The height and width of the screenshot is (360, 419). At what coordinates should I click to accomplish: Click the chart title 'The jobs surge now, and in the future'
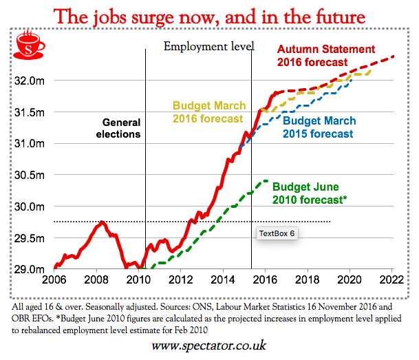[209, 15]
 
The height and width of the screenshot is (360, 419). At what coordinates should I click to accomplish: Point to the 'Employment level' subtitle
[208, 47]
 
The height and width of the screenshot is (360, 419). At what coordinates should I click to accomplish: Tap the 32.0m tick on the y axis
[32, 81]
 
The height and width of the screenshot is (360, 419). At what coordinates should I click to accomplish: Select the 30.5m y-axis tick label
[32, 175]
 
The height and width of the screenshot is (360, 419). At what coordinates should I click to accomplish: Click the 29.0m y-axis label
[32, 269]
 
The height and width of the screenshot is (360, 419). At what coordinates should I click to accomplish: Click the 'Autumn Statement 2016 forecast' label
[325, 56]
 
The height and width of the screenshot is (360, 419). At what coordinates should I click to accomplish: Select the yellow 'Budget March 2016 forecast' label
[208, 112]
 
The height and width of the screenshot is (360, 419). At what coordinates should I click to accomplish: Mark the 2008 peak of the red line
[101, 222]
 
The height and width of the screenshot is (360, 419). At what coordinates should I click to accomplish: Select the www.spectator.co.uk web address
[209, 344]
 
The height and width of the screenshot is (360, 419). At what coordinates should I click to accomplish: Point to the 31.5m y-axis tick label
[32, 112]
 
